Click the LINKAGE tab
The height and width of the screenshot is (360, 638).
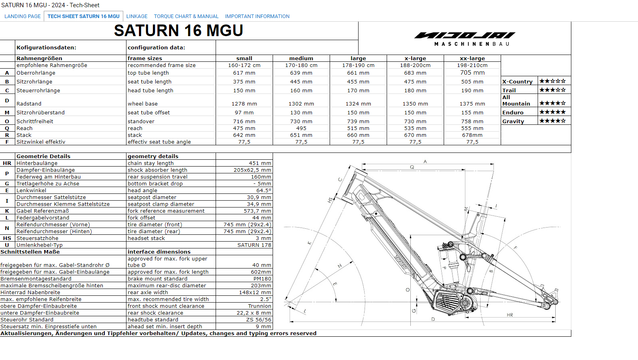tap(137, 16)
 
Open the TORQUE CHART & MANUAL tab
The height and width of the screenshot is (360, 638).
tap(186, 16)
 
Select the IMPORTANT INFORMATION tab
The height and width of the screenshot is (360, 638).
tap(257, 16)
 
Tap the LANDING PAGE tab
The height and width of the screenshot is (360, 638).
tap(22, 16)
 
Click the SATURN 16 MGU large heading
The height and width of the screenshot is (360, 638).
tap(179, 31)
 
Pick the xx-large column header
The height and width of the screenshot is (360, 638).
tap(472, 58)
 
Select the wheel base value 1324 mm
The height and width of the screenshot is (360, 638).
tap(358, 104)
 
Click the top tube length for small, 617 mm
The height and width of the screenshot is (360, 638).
tap(244, 73)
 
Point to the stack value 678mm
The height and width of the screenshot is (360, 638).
tap(472, 135)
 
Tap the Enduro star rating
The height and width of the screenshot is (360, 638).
tap(552, 112)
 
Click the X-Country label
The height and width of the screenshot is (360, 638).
tap(517, 82)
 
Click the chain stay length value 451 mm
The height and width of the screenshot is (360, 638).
tap(260, 163)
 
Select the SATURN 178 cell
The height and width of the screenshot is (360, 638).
tap(254, 245)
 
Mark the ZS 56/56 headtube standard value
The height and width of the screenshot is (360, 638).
tap(259, 319)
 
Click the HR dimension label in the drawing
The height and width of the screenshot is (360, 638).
tap(510, 315)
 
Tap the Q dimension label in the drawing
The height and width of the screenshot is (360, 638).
tap(412, 167)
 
